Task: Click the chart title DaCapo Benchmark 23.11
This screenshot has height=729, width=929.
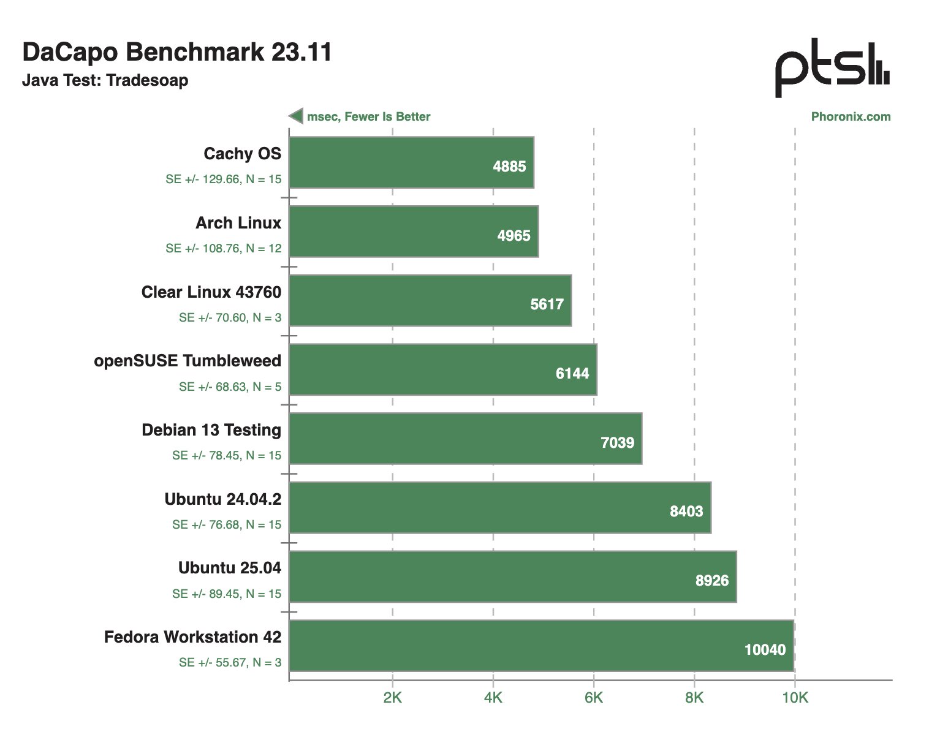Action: pyautogui.click(x=176, y=52)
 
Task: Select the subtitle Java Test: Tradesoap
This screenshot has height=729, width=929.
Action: pyautogui.click(x=105, y=80)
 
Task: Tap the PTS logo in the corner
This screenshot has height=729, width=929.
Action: pyautogui.click(x=832, y=67)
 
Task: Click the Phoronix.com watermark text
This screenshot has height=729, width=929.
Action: pyautogui.click(x=851, y=116)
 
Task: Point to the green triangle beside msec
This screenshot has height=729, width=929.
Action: pyautogui.click(x=297, y=116)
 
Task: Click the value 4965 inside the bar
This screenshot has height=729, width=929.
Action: pyautogui.click(x=514, y=235)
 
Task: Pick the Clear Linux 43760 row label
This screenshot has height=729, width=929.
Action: pyautogui.click(x=211, y=292)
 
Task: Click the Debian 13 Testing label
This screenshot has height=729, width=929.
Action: pyautogui.click(x=211, y=430)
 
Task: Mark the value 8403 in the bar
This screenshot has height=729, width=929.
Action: pyautogui.click(x=686, y=512)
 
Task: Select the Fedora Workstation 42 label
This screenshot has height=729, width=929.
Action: pyautogui.click(x=192, y=637)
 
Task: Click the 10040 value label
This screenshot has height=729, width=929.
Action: pyautogui.click(x=765, y=650)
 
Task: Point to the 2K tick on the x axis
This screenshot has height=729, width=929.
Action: pyautogui.click(x=392, y=697)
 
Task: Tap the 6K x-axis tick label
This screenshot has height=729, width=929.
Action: pyautogui.click(x=593, y=697)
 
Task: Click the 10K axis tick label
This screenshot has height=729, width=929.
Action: pyautogui.click(x=795, y=697)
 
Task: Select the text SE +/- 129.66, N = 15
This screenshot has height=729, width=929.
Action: pyautogui.click(x=223, y=179)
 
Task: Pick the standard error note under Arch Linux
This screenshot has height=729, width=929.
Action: pyautogui.click(x=223, y=248)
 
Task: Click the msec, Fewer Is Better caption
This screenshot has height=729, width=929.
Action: pyautogui.click(x=368, y=116)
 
